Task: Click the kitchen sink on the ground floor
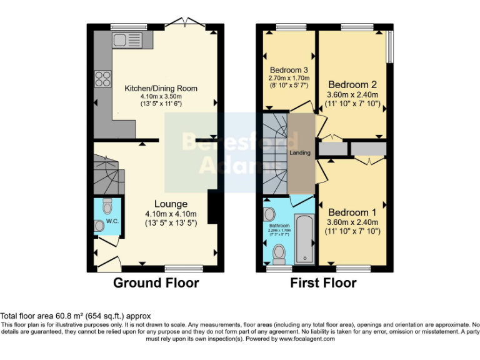[x=128, y=41]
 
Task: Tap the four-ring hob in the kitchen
[x=102, y=79]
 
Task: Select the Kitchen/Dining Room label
[x=161, y=89]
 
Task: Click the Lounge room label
[x=171, y=204]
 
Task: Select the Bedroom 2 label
[x=353, y=84]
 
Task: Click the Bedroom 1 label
[x=353, y=212]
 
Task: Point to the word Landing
[x=300, y=152]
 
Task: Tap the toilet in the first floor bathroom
[x=279, y=253]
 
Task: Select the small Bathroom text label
[x=279, y=225]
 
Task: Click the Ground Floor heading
[x=156, y=283]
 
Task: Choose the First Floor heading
[x=323, y=283]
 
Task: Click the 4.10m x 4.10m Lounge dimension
[x=171, y=214]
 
